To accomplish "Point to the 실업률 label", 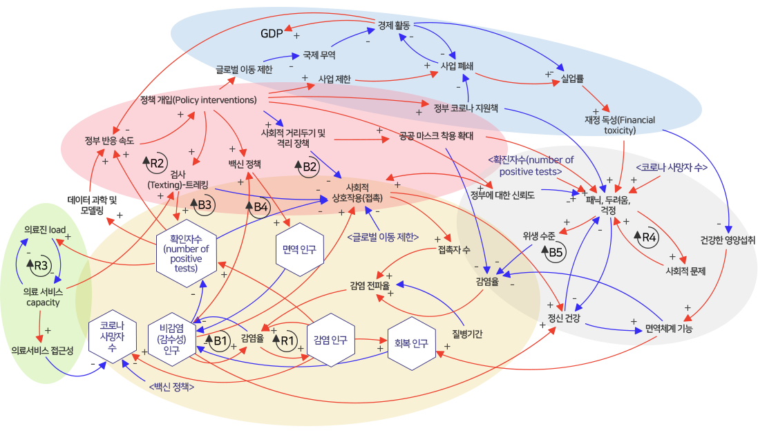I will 571,79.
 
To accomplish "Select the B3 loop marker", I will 202,205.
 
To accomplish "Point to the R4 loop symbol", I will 647,239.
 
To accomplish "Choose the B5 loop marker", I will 553,253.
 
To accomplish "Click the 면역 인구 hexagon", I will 299,250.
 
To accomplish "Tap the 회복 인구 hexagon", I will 411,343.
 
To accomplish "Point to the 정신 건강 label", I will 564,318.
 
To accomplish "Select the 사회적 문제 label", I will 685,271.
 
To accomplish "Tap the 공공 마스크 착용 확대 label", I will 436,135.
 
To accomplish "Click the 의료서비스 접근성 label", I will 43,351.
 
